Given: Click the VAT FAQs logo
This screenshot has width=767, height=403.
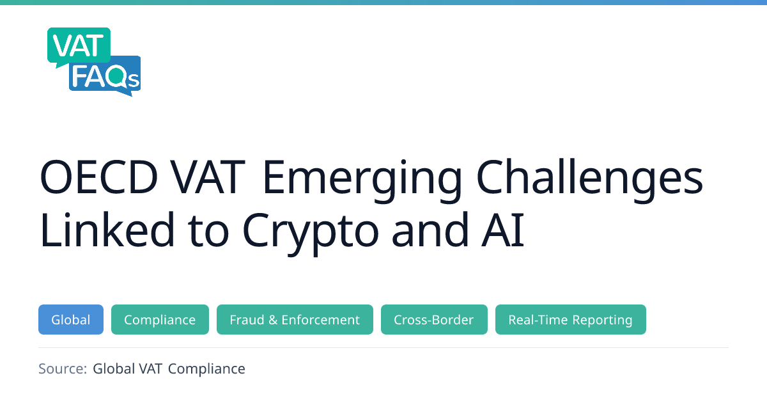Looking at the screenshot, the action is click(x=94, y=61).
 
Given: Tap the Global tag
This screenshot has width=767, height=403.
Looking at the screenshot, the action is click(x=71, y=319).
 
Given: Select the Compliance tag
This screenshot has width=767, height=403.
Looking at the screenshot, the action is click(x=160, y=319).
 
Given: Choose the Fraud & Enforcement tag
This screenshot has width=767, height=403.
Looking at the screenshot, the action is click(x=295, y=319).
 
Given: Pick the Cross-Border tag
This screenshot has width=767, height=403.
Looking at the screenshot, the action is click(x=434, y=319).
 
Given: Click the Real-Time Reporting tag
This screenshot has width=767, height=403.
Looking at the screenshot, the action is click(x=571, y=319).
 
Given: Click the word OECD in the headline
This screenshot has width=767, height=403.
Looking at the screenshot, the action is click(x=99, y=177).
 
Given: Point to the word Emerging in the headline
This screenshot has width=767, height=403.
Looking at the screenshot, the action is click(x=362, y=180).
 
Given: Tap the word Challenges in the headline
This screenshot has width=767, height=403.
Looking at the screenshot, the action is click(x=589, y=180).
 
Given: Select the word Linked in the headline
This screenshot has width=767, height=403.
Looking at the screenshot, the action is click(x=107, y=229).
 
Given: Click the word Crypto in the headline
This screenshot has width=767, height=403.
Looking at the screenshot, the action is click(x=311, y=233).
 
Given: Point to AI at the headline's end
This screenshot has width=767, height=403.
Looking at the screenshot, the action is click(x=502, y=230).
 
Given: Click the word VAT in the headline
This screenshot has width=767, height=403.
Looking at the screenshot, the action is click(x=208, y=177).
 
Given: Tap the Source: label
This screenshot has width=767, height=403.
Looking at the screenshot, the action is click(x=63, y=368).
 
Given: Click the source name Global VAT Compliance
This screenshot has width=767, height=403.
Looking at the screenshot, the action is click(x=169, y=369).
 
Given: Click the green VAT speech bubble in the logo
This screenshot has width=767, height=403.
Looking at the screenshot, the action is click(x=79, y=47).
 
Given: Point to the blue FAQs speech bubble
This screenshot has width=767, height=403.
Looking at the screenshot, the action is click(x=105, y=76).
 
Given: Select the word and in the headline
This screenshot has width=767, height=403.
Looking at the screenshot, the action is click(x=430, y=229).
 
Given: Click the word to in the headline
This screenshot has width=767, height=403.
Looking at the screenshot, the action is click(x=208, y=231).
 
